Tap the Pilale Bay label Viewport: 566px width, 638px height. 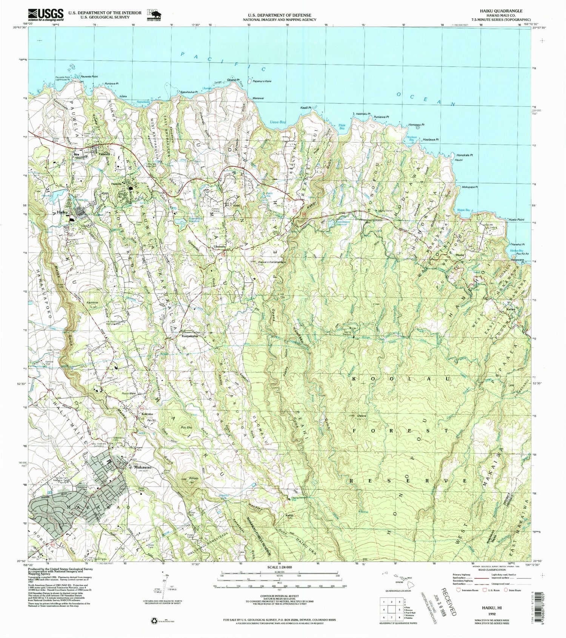(342, 127)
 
